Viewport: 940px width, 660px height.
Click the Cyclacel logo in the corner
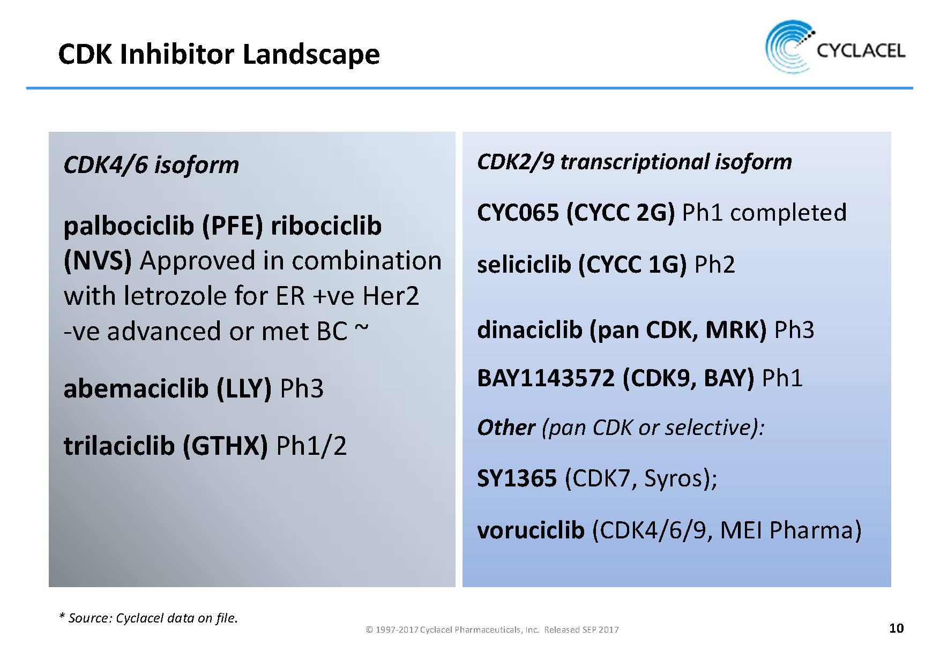[835, 47]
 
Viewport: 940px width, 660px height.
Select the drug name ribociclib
[326, 226]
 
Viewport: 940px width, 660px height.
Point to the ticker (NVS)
[98, 261]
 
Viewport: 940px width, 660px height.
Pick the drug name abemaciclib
[136, 388]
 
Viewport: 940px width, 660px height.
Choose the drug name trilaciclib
[119, 446]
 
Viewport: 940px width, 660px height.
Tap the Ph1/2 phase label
[311, 446]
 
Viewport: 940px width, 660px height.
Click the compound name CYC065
[518, 213]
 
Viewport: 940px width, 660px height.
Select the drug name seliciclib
[524, 265]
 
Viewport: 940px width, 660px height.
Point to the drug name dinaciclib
[529, 330]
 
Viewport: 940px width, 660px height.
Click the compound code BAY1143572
[546, 378]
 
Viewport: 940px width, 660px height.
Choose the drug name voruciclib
[531, 530]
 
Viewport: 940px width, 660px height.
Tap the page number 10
[896, 628]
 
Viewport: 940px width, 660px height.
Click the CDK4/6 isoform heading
[151, 164]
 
